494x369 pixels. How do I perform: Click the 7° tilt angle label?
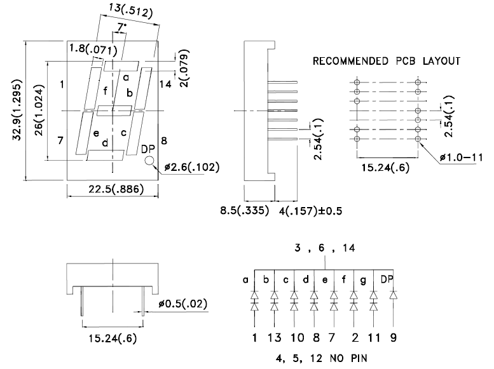(121, 27)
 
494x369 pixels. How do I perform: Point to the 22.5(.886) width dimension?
(114, 189)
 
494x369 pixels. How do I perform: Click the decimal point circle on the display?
(150, 161)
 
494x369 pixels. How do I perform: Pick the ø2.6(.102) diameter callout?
(191, 168)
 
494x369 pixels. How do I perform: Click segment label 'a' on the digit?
(126, 77)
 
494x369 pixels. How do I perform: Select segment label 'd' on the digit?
(105, 142)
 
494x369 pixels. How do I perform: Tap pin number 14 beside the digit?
(165, 84)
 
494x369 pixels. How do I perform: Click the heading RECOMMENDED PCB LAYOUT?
(387, 62)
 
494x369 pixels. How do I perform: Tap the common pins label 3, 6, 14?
(326, 250)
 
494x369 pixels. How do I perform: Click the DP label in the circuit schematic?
(387, 279)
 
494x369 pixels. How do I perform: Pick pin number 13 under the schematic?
(275, 337)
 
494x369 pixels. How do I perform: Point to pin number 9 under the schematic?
(394, 337)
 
